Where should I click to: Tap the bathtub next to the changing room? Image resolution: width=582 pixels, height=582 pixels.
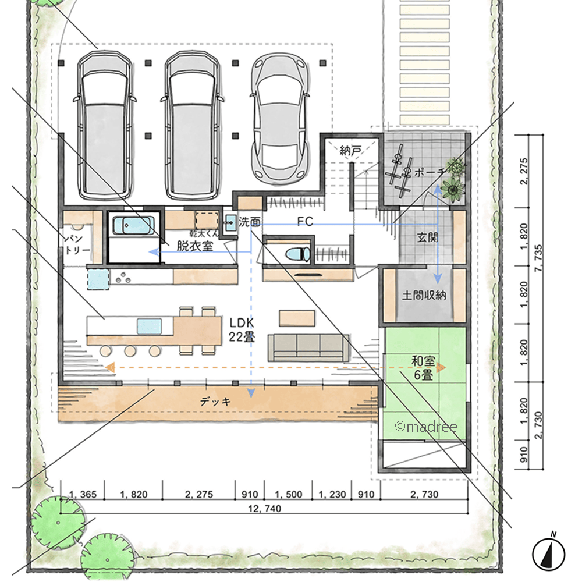click(133, 225)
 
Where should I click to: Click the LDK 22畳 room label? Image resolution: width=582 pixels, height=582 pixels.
click(242, 329)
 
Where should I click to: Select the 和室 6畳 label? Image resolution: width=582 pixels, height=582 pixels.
click(424, 368)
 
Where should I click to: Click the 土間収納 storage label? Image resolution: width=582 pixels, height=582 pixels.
click(424, 295)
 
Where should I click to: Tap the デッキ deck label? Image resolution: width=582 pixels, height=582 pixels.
click(215, 401)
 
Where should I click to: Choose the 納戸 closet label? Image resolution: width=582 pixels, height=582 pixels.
click(350, 150)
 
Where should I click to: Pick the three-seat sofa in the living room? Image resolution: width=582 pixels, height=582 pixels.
click(308, 347)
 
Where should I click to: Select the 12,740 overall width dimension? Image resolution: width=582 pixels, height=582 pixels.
click(264, 508)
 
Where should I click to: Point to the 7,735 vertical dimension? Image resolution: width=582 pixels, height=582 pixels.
click(538, 258)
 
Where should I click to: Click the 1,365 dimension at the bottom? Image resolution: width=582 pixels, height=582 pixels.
click(83, 494)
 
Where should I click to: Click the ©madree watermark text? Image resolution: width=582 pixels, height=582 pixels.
click(426, 427)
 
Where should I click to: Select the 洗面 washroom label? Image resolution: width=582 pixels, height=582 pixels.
click(249, 222)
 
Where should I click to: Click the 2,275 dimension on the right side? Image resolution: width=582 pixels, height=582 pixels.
click(524, 171)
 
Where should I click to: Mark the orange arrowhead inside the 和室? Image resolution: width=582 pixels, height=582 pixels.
click(441, 367)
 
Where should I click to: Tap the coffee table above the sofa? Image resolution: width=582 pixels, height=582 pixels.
click(297, 318)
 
